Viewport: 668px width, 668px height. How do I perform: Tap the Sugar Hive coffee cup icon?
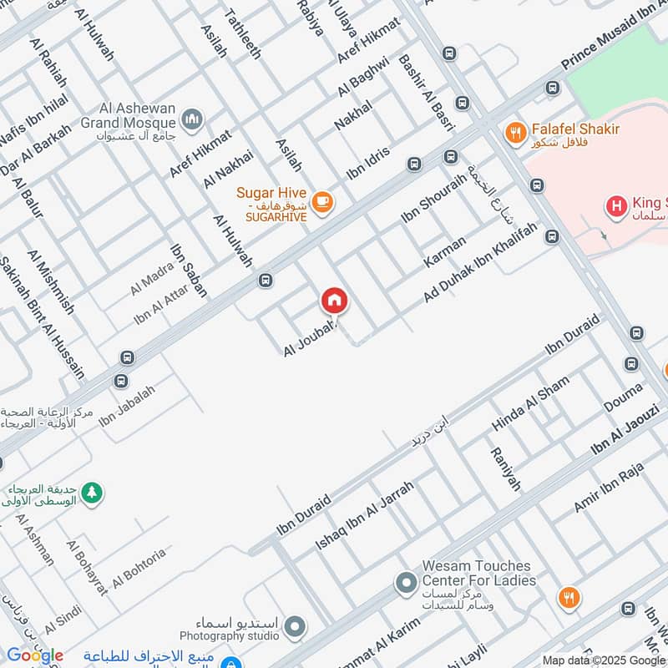(x=322, y=201)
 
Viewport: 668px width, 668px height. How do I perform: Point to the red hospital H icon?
(x=617, y=205)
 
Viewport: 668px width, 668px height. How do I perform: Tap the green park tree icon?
(x=93, y=493)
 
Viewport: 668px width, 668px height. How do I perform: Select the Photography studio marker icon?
(x=295, y=626)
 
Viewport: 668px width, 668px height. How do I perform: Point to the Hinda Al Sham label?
(x=530, y=403)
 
